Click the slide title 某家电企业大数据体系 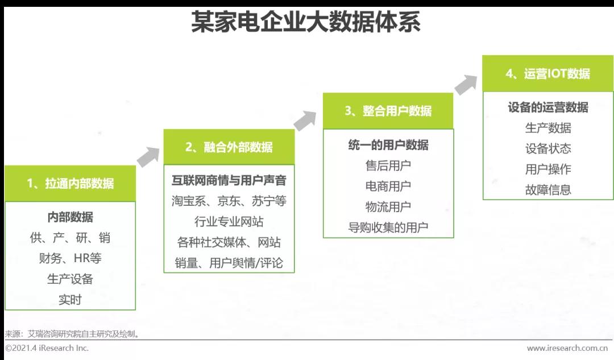[305, 23]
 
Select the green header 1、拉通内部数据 [70, 183]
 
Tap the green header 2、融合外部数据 [229, 147]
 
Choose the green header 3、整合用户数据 [388, 111]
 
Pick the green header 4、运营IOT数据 [547, 73]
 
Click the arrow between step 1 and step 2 [149, 156]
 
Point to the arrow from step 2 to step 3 [305, 120]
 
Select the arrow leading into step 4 [466, 84]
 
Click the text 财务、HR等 [70, 258]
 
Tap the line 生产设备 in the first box [70, 279]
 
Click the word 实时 [70, 299]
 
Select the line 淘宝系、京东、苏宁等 [229, 201]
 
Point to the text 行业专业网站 [229, 221]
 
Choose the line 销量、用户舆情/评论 [229, 263]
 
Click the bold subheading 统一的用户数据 [388, 144]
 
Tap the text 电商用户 [388, 186]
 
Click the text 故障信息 [547, 189]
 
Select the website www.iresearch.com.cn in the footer [567, 348]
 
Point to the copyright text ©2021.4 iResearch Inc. [47, 348]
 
